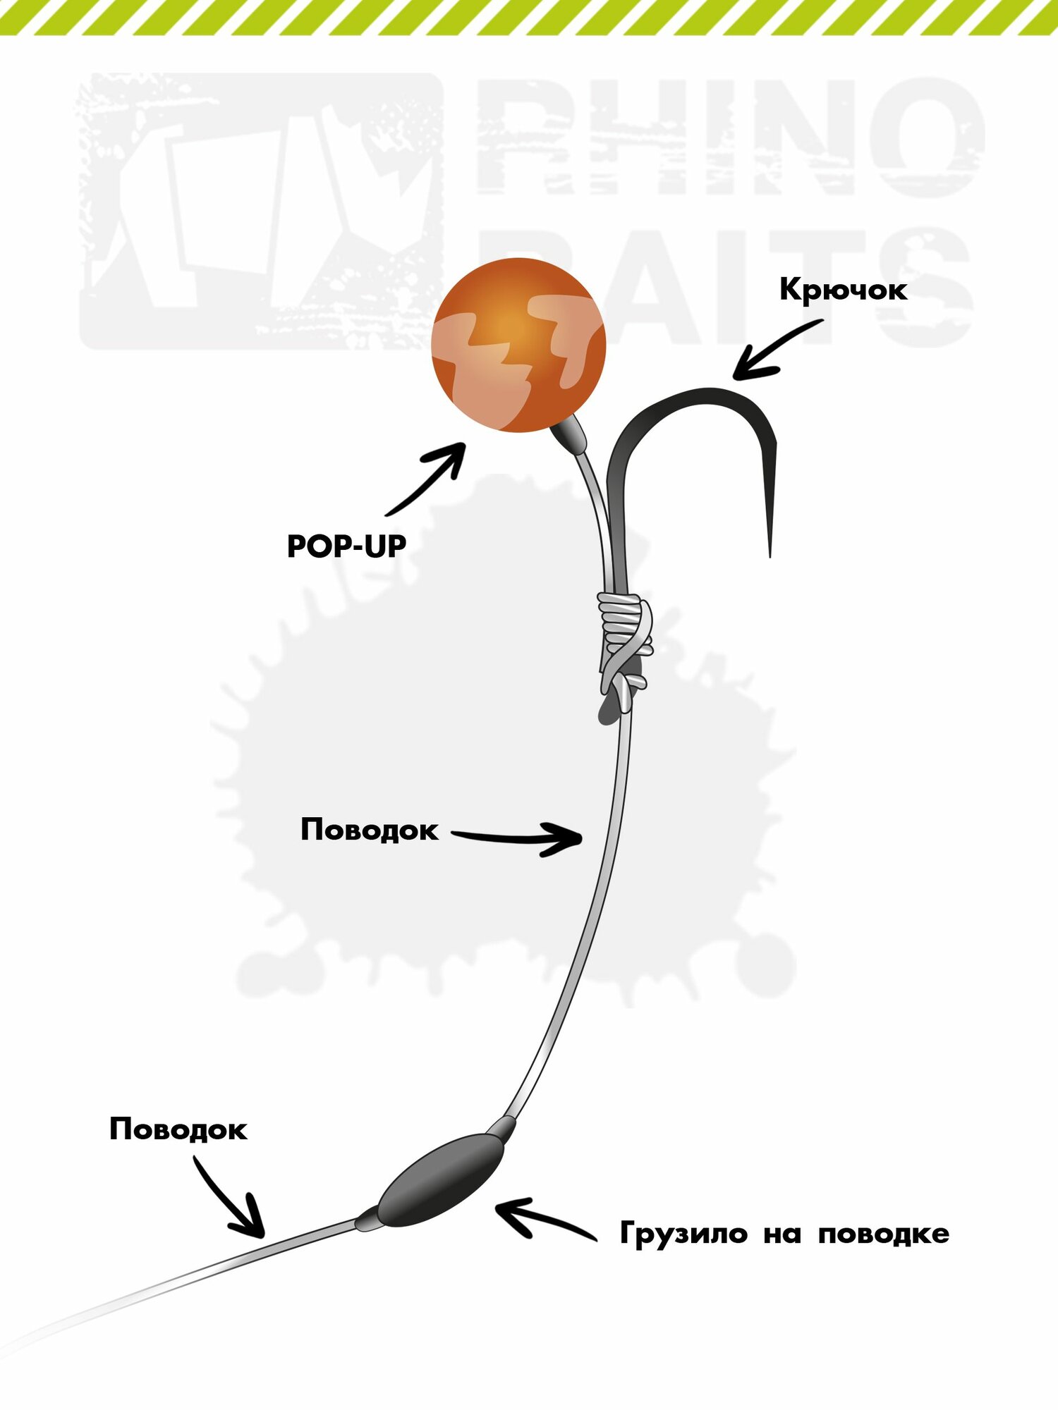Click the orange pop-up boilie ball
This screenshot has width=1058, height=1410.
518,345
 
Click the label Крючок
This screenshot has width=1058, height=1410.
843,290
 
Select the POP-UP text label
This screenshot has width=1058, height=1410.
346,546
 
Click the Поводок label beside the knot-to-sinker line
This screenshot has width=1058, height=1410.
369,830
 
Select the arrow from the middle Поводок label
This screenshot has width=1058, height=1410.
518,838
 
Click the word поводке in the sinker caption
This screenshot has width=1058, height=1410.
883,1234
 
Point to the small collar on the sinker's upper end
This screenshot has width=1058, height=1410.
503,1128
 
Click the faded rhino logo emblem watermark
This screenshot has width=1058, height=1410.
261,211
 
